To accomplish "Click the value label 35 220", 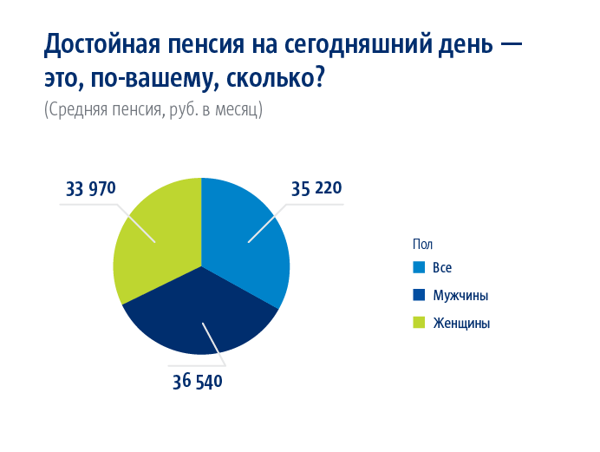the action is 316,188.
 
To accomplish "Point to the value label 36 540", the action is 198,382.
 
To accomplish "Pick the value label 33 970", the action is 91,188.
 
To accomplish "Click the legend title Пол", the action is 422,244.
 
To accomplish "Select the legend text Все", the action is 442,267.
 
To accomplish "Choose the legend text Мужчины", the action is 460,296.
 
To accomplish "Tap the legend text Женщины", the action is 461,324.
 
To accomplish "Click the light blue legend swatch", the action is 419,267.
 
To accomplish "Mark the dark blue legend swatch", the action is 419,295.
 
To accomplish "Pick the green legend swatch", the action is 419,323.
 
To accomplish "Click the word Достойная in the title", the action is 101,45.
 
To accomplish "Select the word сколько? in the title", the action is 276,78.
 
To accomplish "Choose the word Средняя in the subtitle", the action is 77,110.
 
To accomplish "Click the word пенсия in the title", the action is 205,45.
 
